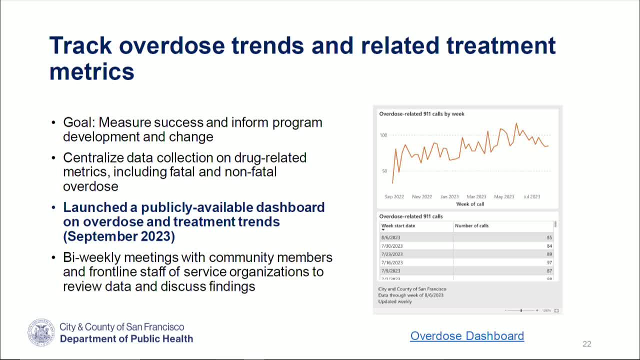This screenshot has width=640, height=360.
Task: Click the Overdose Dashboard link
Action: point(467,336)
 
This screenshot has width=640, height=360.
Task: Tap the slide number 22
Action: point(586,344)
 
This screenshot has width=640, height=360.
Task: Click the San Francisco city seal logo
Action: point(41,333)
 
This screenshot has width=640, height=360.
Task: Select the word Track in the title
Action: point(80,45)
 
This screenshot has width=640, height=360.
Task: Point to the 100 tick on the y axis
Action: point(383,135)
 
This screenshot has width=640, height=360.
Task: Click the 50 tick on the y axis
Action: point(384,171)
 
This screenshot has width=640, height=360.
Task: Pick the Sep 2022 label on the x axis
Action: point(394,197)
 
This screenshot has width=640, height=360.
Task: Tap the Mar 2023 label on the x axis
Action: point(476,197)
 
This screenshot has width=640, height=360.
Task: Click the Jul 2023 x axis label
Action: point(531,197)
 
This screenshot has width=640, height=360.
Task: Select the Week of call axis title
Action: point(470,204)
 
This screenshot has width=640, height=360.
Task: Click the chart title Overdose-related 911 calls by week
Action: point(421,114)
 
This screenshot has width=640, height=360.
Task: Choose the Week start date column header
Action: point(398,226)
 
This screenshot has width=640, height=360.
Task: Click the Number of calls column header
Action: point(471,226)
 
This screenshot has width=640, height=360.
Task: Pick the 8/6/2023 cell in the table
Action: point(390,238)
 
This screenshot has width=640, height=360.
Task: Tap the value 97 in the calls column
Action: point(549,262)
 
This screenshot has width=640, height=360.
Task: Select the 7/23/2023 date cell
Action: point(391,254)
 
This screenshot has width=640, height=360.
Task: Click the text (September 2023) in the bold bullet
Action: point(119,236)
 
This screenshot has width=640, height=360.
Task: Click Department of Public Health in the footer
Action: point(126,339)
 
